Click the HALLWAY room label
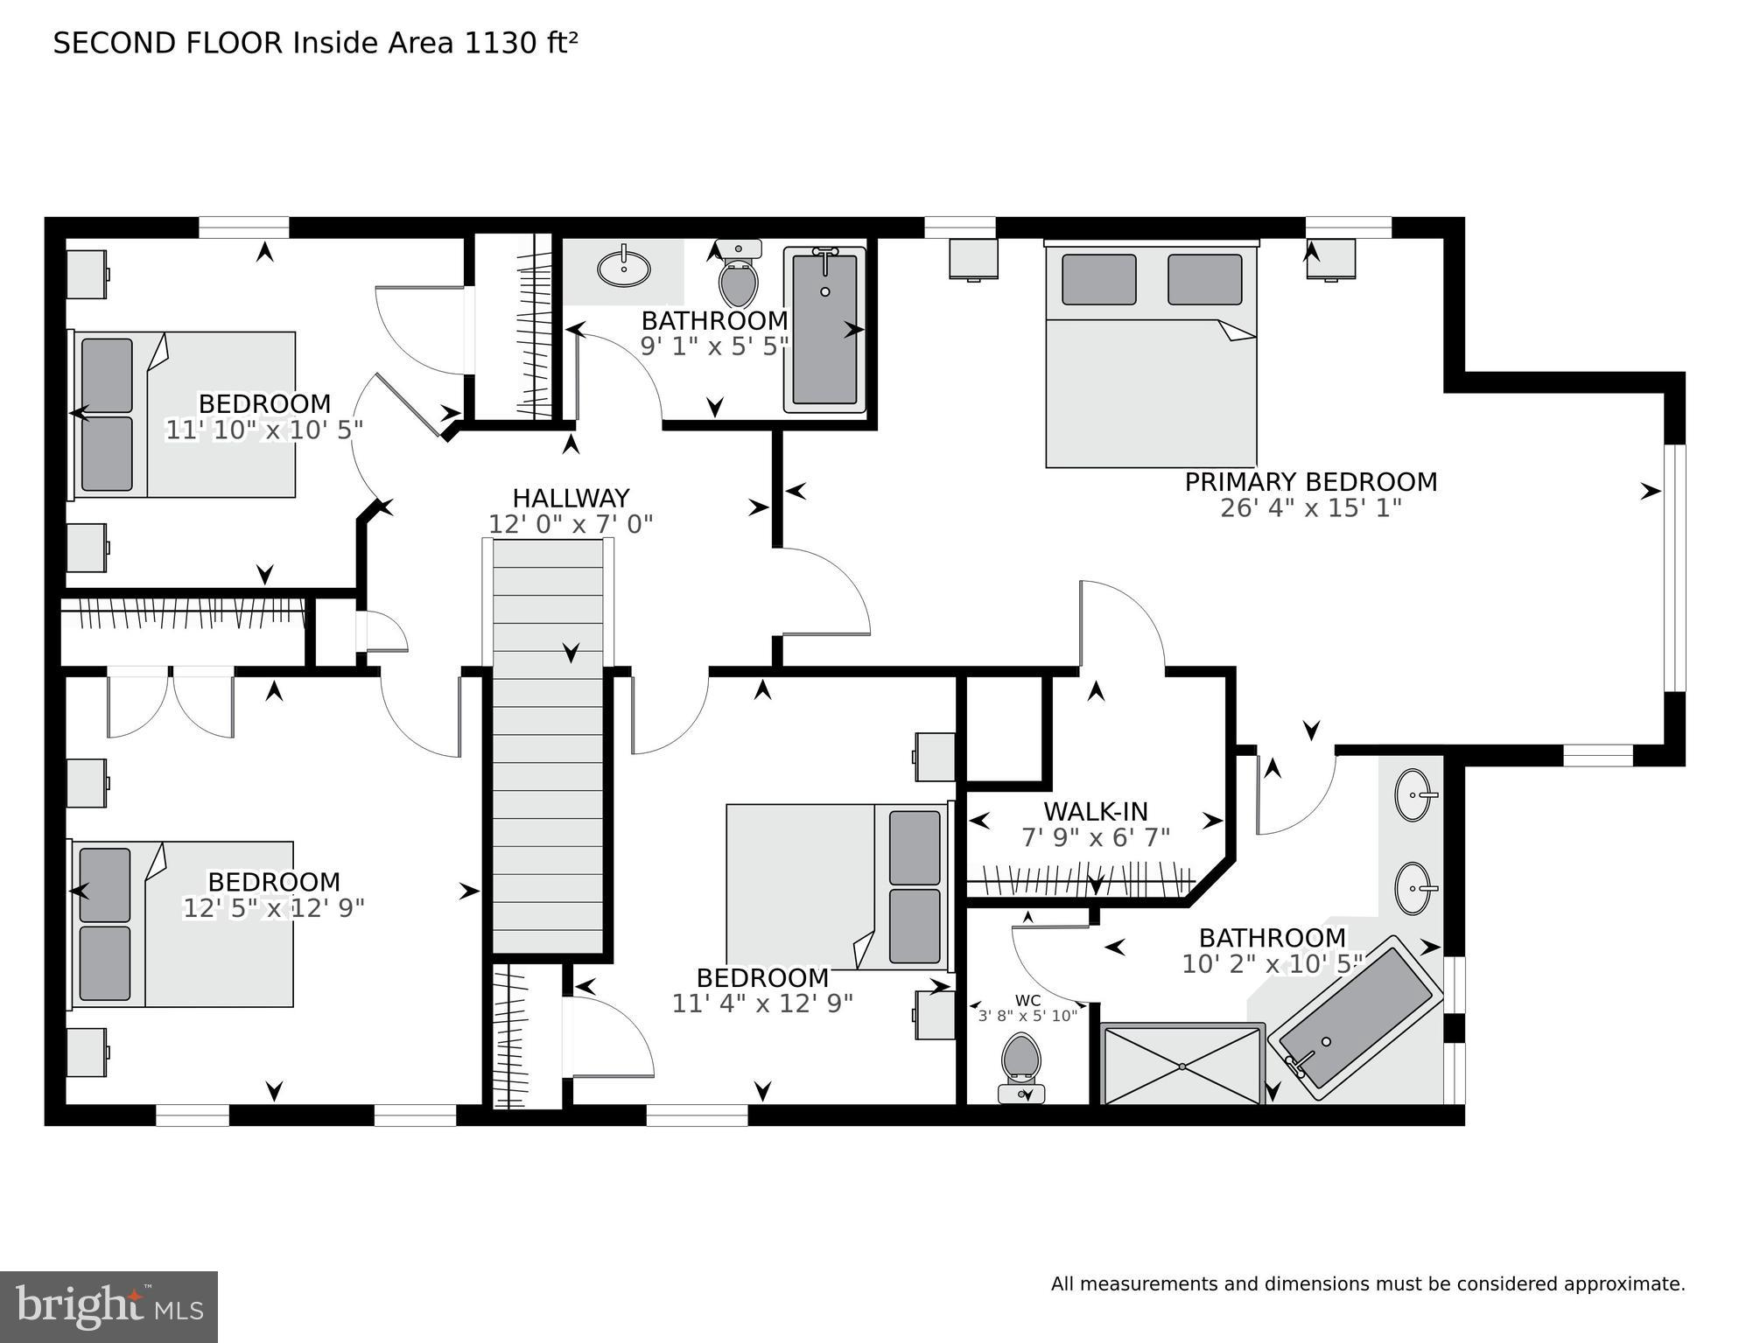tap(571, 498)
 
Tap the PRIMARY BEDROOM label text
tap(1310, 482)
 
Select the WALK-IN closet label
tap(1095, 812)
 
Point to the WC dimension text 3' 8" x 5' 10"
tap(1027, 1016)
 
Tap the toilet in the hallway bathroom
tap(738, 275)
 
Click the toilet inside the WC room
tap(1020, 1060)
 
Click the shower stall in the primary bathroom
tap(1181, 1066)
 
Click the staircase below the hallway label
tap(548, 744)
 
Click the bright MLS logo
tap(109, 1305)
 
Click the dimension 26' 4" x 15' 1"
tap(1310, 508)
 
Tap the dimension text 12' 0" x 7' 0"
tap(571, 524)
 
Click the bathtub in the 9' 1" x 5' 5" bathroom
tap(824, 330)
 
